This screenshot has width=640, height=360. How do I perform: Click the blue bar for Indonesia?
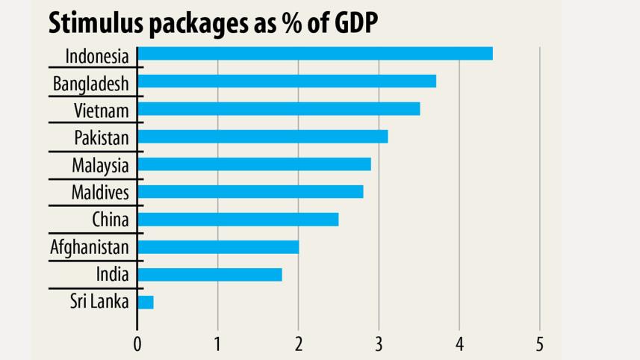point(315,54)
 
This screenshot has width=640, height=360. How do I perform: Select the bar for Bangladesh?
point(287,81)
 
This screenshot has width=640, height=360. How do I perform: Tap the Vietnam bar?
point(279,109)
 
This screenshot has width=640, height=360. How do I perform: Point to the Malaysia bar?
point(254,164)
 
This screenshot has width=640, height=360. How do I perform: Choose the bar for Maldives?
point(250,192)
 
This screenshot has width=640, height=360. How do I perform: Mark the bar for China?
point(238,220)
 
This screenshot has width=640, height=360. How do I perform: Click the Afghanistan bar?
point(218,247)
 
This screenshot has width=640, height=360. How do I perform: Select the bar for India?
point(210,275)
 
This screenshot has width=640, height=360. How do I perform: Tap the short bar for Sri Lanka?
point(146,302)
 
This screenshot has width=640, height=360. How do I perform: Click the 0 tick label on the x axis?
point(137,344)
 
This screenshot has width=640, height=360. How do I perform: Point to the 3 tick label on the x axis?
point(379,344)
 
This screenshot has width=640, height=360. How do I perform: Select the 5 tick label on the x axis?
point(539,344)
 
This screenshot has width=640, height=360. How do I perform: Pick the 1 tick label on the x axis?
point(218,344)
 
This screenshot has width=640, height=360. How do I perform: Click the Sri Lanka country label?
point(99,302)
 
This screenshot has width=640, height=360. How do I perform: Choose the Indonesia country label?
point(97,56)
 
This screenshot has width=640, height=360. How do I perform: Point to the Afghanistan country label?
point(90,247)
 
